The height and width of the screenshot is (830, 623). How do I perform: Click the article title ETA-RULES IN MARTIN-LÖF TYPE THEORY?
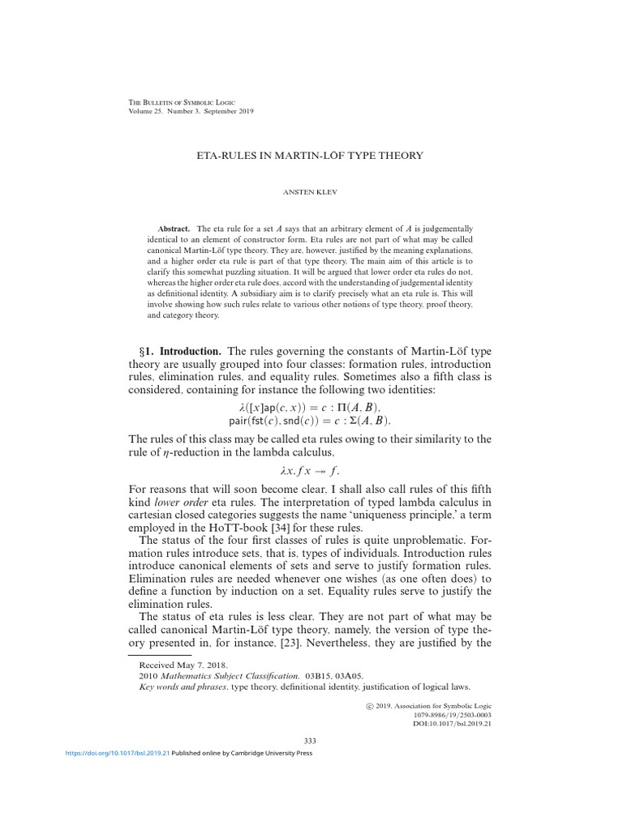[x=311, y=154]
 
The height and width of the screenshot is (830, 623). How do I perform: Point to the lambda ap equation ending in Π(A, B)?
[x=311, y=407]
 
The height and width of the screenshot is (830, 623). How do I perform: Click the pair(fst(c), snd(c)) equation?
[x=311, y=421]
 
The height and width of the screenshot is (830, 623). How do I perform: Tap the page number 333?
[x=310, y=741]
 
